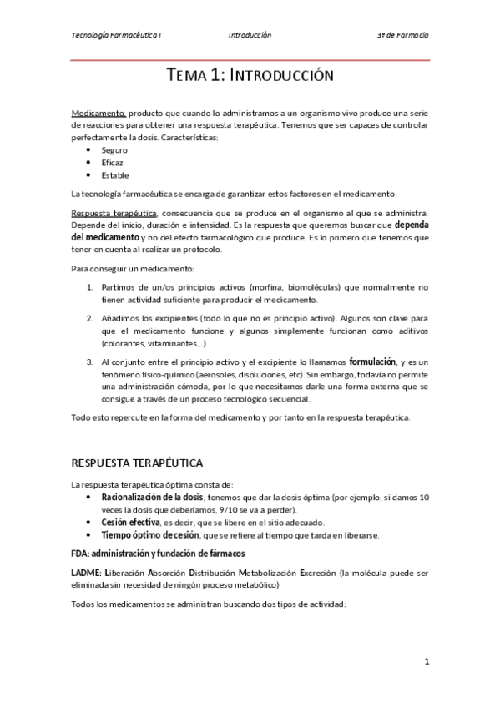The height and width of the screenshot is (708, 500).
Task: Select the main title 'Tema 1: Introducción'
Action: point(250,76)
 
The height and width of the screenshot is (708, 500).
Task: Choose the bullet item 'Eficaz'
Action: point(112,163)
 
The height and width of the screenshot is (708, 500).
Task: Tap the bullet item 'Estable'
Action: point(114,175)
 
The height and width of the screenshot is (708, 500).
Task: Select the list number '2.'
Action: point(90,319)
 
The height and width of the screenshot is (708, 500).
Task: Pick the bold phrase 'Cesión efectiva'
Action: point(130,523)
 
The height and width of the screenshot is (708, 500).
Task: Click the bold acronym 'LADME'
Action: point(86,574)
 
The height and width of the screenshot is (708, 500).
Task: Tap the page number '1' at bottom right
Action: point(426,662)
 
